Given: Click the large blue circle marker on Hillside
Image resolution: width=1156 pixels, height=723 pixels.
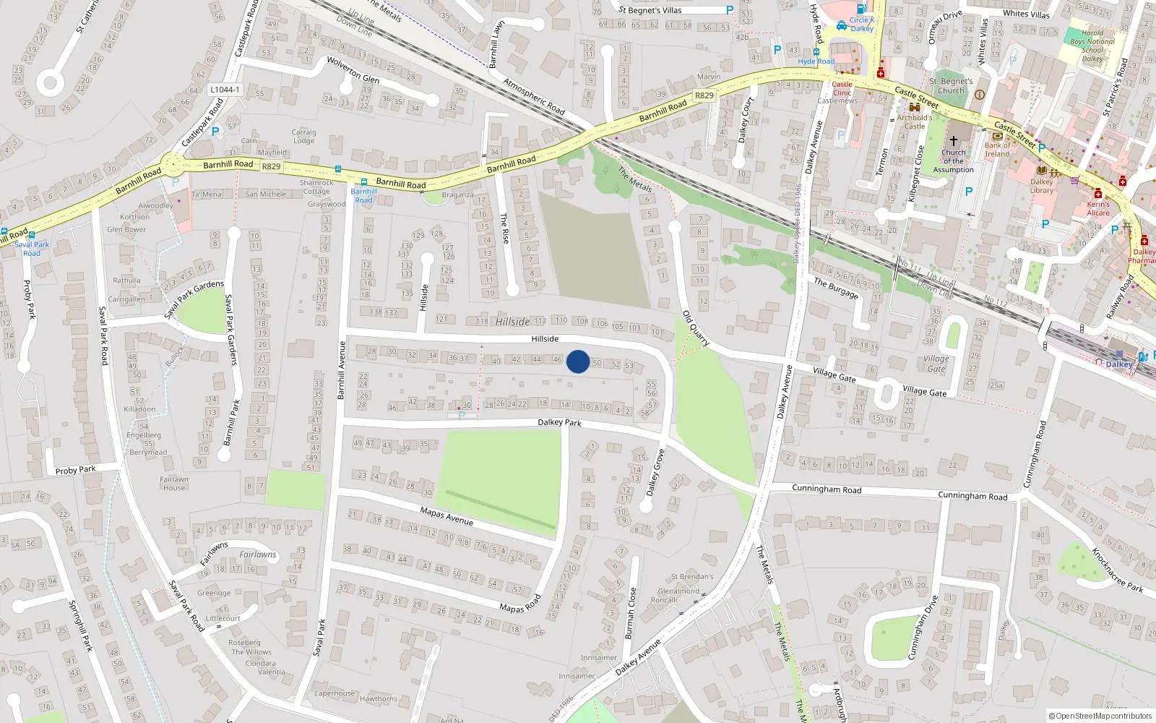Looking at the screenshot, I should pyautogui.click(x=577, y=361).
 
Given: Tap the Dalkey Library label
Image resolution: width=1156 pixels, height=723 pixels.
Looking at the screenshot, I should pyautogui.click(x=1041, y=187).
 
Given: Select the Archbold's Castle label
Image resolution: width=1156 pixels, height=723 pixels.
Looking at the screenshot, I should pyautogui.click(x=915, y=121).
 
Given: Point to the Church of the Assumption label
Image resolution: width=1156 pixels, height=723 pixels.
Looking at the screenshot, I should pyautogui.click(x=953, y=161).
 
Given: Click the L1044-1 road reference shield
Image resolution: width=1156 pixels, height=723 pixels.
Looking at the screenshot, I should pyautogui.click(x=225, y=90).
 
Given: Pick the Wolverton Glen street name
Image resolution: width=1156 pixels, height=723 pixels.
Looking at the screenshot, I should pyautogui.click(x=353, y=69).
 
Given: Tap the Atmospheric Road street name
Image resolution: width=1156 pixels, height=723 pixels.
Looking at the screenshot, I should pyautogui.click(x=533, y=96).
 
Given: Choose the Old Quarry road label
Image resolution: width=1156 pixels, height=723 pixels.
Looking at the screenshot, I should pyautogui.click(x=696, y=328).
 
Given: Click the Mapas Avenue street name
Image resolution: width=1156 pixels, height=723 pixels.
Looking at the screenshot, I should pyautogui.click(x=447, y=515).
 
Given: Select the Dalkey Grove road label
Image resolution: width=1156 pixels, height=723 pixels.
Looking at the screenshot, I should pyautogui.click(x=655, y=472).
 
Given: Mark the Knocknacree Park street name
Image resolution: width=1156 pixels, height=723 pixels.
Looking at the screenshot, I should pyautogui.click(x=1116, y=570).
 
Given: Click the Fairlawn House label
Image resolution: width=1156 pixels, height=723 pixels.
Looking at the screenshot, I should pyautogui.click(x=174, y=484).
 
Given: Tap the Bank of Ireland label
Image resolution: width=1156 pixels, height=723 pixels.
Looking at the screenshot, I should pyautogui.click(x=997, y=150).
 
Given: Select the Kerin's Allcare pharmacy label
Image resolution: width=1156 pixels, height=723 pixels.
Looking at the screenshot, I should pyautogui.click(x=1097, y=208).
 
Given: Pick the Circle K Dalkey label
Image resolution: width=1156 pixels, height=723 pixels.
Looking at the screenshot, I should pyautogui.click(x=861, y=25).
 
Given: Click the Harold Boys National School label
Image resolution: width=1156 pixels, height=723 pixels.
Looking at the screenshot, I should pyautogui.click(x=1092, y=46).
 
